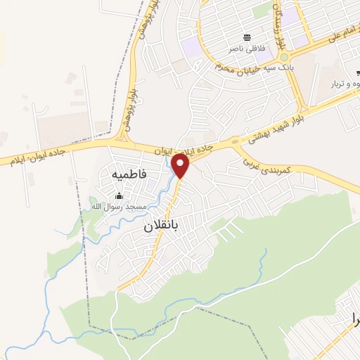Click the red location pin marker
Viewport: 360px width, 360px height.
(181, 166)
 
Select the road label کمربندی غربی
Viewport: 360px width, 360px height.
(275, 166)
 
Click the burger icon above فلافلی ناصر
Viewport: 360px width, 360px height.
(247, 37)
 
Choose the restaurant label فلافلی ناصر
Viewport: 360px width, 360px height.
(245, 49)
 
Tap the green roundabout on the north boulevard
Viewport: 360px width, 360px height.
(284, 58)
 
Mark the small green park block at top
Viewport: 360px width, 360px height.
(262, 10)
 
